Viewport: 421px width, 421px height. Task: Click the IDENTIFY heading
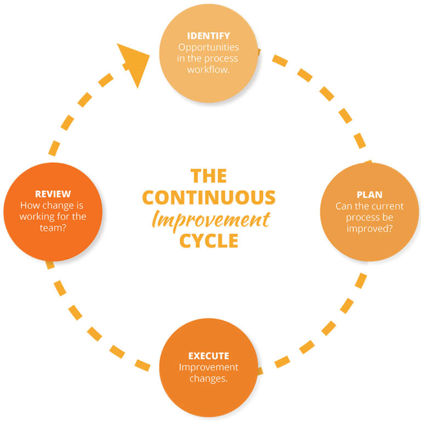pyautogui.click(x=208, y=36)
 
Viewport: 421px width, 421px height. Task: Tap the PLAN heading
pyautogui.click(x=369, y=195)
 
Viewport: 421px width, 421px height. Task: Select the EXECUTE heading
pyautogui.click(x=208, y=356)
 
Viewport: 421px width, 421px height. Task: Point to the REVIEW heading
pyautogui.click(x=53, y=194)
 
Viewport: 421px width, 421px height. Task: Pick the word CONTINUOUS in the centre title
pyautogui.click(x=208, y=197)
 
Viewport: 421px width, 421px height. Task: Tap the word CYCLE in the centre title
pyautogui.click(x=208, y=241)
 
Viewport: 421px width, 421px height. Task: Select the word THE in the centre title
pyautogui.click(x=208, y=175)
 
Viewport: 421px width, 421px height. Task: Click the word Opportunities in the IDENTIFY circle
pyautogui.click(x=208, y=48)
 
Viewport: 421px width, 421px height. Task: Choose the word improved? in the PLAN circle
pyautogui.click(x=369, y=229)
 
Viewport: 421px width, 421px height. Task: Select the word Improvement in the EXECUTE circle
pyautogui.click(x=208, y=367)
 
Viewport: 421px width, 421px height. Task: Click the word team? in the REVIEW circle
pyautogui.click(x=53, y=227)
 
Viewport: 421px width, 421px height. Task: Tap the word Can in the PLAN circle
pyautogui.click(x=344, y=206)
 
